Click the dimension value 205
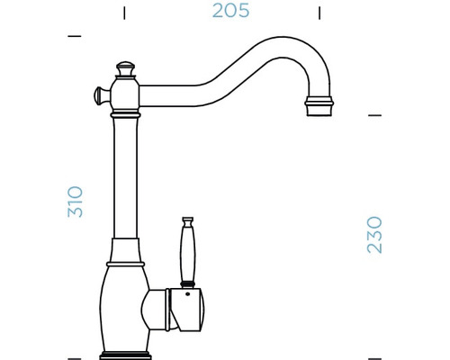point(229,12)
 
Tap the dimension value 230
point(374,234)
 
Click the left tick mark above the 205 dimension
point(124,13)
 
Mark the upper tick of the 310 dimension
point(75,37)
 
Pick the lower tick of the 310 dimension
point(75,350)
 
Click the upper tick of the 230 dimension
point(376,116)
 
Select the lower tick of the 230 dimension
point(376,350)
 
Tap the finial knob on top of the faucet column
point(125,68)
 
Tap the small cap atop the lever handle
point(188,220)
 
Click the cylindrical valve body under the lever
point(184,310)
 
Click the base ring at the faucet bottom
point(125,349)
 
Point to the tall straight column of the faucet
point(125,180)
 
